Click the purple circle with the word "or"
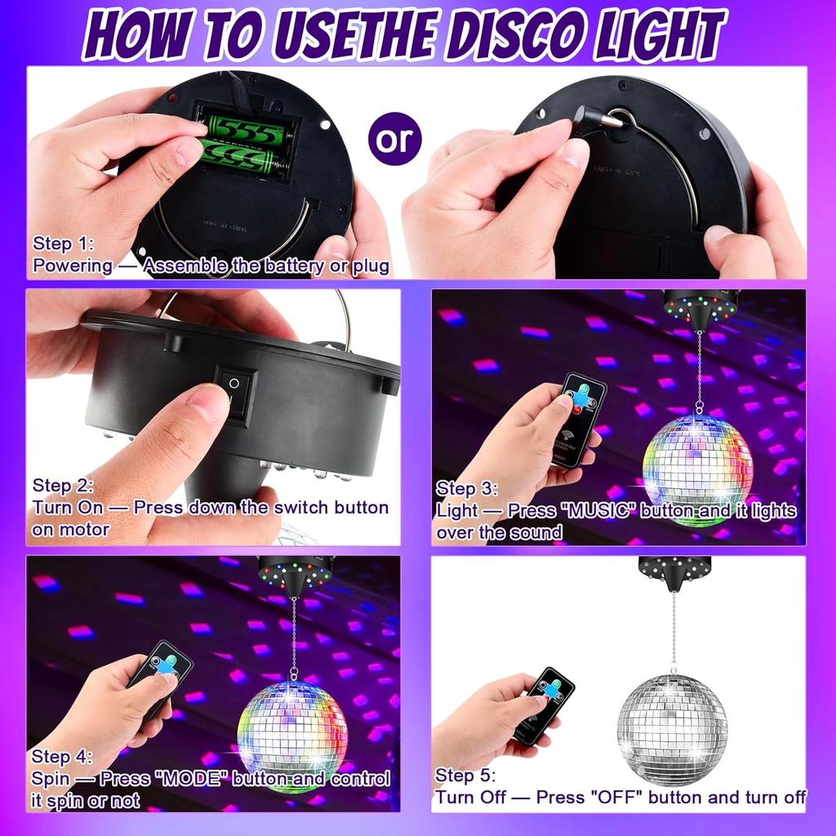[x=395, y=139]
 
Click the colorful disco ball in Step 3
[x=697, y=470]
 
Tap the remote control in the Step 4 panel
[x=161, y=678]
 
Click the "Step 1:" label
[x=64, y=243]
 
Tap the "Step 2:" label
[x=64, y=486]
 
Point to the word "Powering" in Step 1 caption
[x=73, y=265]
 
